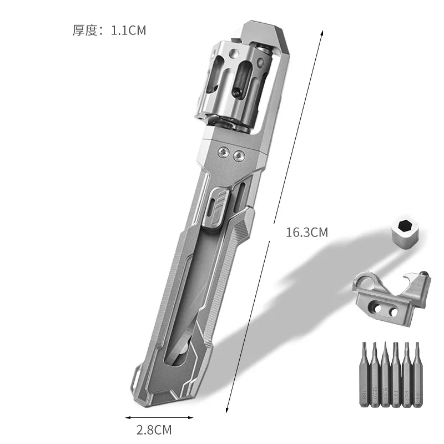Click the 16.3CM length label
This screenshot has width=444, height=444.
[306, 233]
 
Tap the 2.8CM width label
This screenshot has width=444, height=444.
[154, 430]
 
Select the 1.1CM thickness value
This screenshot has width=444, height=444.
[128, 30]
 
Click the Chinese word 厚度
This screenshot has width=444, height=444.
[85, 30]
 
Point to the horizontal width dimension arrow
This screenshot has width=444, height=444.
[148, 417]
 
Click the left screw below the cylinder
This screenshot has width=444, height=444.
[223, 151]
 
